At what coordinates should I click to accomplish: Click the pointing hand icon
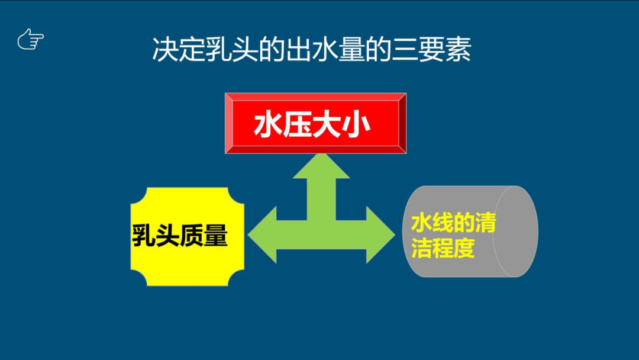[31, 39]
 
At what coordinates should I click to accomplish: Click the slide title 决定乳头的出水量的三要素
[312, 50]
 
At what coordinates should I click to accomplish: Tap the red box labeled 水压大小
[315, 123]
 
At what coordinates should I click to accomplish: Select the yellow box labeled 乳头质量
[187, 236]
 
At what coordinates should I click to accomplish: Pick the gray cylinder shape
[470, 231]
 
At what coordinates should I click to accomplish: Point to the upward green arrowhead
[321, 166]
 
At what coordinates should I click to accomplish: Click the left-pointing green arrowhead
[262, 234]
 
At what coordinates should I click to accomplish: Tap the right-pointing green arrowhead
[380, 234]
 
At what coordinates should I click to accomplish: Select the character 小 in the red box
[356, 125]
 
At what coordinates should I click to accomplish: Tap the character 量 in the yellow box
[215, 236]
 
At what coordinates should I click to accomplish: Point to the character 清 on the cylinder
[485, 223]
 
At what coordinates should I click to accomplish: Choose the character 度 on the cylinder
[464, 247]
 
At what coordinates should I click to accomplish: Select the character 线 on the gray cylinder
[443, 223]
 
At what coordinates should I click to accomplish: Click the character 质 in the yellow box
[191, 236]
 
